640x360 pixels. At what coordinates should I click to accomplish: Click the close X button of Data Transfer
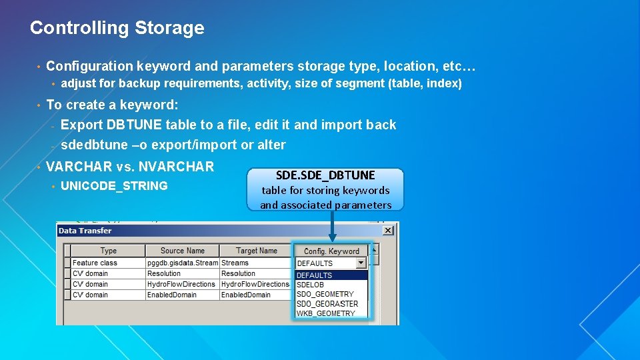388,231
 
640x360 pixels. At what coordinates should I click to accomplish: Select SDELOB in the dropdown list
310,285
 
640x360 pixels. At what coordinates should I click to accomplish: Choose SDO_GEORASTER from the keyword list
327,303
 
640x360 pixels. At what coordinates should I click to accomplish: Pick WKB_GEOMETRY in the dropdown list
326,313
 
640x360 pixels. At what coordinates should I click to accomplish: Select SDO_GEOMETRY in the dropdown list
325,294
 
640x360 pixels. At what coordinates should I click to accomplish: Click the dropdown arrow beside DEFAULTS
361,263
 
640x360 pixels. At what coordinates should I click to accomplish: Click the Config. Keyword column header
331,251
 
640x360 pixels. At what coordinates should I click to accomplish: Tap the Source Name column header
182,251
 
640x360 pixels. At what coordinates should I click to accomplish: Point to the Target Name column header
256,251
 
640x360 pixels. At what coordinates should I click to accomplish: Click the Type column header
108,251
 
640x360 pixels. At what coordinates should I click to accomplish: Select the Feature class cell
95,263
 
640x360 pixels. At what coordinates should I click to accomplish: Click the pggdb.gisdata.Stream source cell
182,263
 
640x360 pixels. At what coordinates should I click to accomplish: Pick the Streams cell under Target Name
235,263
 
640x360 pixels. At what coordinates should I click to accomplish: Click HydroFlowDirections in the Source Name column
181,284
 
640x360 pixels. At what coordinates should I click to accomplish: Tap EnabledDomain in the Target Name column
246,295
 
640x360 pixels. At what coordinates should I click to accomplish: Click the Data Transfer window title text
85,231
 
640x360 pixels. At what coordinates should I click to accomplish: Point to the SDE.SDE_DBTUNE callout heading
325,175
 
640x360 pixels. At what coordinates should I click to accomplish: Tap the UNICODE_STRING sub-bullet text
114,186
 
